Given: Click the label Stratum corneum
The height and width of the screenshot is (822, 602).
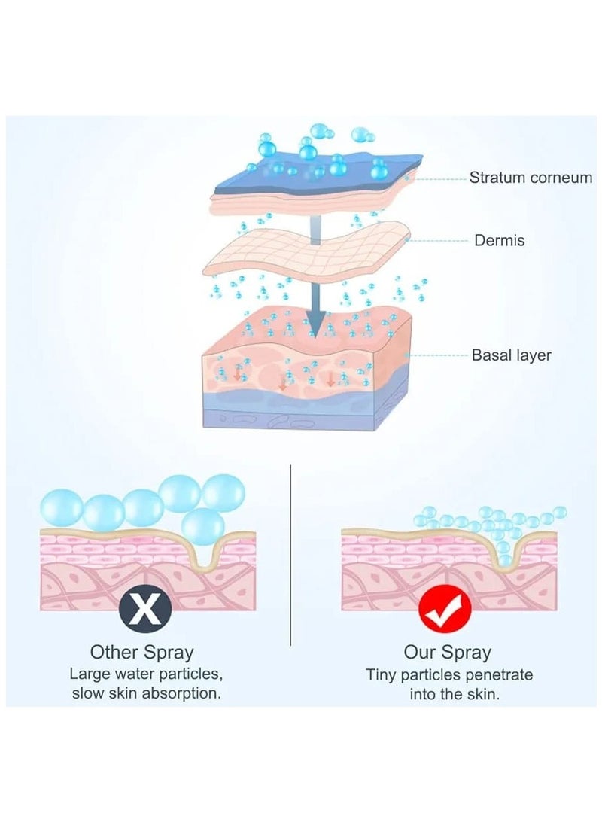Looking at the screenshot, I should (x=531, y=178).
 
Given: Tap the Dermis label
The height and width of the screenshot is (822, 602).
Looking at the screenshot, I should (x=499, y=241).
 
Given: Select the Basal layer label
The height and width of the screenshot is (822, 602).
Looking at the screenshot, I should (x=511, y=355).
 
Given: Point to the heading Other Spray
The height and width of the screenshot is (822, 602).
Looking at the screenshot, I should (x=141, y=651).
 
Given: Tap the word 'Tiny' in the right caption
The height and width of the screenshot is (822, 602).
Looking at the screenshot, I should (x=382, y=674).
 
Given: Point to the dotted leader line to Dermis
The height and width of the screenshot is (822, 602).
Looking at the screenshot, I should (x=440, y=241).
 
